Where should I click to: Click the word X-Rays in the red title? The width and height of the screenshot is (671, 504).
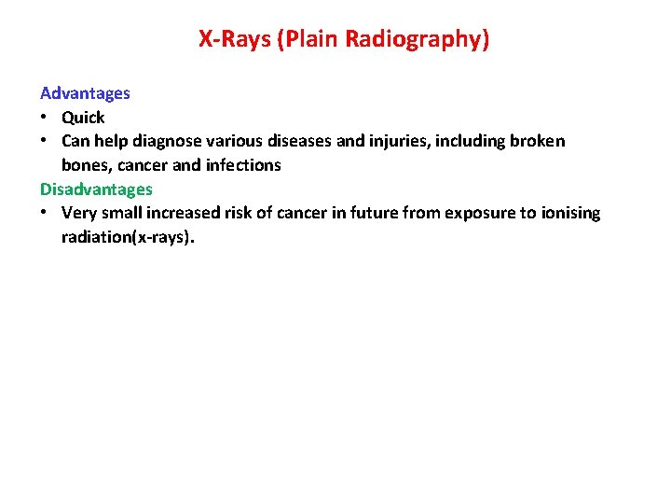click(x=234, y=39)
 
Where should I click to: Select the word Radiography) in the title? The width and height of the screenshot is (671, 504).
click(x=417, y=39)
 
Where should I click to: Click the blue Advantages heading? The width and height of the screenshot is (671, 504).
click(x=85, y=93)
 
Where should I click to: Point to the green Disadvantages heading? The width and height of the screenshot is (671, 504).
click(x=96, y=189)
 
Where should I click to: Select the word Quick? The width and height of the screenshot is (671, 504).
click(x=83, y=118)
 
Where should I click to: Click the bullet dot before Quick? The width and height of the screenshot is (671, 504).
click(x=44, y=118)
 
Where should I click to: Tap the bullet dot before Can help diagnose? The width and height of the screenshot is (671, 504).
click(x=44, y=141)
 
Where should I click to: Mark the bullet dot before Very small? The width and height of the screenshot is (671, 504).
click(x=44, y=213)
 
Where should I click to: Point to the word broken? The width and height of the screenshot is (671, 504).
click(x=538, y=141)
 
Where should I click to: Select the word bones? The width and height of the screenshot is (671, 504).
click(x=84, y=165)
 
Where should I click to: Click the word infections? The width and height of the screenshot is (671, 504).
click(x=243, y=165)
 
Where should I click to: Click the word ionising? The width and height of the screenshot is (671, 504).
click(x=570, y=213)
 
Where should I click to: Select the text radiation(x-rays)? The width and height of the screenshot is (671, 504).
click(x=129, y=237)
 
